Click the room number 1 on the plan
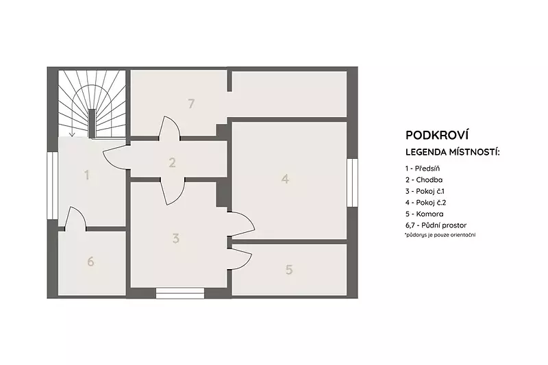87,175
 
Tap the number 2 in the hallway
172,162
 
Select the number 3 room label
176,238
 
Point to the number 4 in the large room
285,179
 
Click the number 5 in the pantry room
289,269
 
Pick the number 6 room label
90,262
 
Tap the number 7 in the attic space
191,103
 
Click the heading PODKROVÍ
437,135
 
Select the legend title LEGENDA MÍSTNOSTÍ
453,152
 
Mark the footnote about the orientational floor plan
440,235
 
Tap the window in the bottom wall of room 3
180,293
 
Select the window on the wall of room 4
352,183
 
